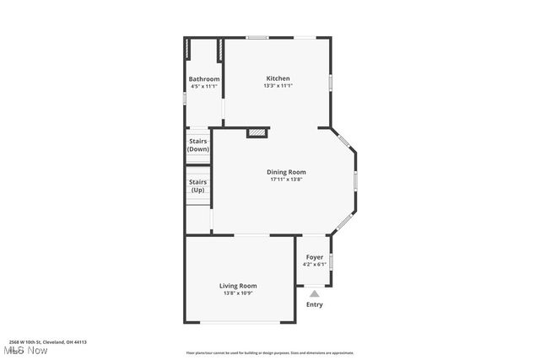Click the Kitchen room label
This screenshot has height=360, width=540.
[278, 78]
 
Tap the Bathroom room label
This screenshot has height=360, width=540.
[204, 79]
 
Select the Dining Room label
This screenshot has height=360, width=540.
[286, 172]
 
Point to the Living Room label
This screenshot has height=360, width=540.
[238, 286]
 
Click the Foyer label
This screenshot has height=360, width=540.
[314, 257]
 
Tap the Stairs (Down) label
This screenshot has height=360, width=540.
[198, 145]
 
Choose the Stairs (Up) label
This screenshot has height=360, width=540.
[198, 185]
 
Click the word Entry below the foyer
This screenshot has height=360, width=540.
[314, 304]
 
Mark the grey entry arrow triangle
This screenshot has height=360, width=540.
[314, 293]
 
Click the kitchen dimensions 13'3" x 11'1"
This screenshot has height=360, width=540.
[278, 86]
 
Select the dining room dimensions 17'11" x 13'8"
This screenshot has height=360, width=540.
[286, 180]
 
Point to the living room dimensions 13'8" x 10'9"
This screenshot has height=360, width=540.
[238, 293]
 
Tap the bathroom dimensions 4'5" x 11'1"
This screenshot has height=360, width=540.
[204, 86]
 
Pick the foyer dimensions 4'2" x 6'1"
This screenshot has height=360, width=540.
[314, 265]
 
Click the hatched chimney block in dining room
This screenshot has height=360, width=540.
[256, 132]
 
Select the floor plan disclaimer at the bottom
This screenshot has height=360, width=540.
[269, 353]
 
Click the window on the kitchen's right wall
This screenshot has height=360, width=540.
[331, 82]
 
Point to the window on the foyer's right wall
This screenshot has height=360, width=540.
[331, 262]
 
